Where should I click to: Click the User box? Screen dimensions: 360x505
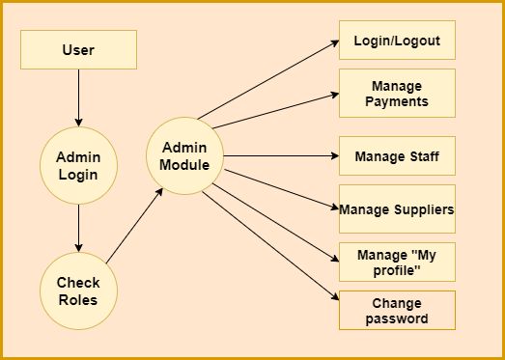click(78, 49)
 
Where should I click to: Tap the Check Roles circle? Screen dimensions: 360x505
click(78, 291)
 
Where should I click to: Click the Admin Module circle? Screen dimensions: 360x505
click(183, 154)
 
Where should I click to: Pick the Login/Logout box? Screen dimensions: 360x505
click(396, 42)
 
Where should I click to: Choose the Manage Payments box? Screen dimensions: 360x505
click(396, 93)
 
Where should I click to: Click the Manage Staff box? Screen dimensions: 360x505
click(396, 155)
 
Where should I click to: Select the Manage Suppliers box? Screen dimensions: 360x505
click(396, 208)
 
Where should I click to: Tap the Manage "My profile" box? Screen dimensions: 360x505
click(396, 262)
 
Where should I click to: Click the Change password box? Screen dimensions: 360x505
click(396, 311)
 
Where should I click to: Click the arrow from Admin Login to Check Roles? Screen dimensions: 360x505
click(78, 230)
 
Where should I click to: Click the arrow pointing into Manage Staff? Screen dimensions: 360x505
click(280, 155)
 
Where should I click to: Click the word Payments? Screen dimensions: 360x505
click(396, 100)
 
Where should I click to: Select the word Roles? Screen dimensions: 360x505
click(78, 300)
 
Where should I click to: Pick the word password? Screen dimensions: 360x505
click(396, 318)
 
